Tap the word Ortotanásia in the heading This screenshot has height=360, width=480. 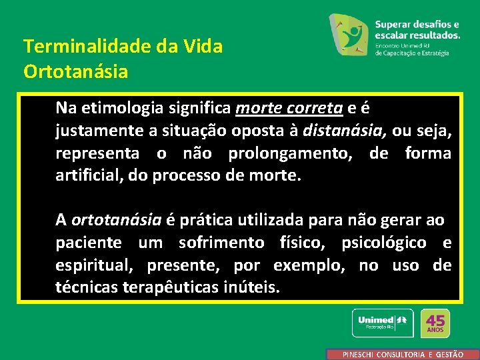[75, 71]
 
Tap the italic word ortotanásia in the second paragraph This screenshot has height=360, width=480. [117, 219]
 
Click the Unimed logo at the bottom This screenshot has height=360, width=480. [382, 323]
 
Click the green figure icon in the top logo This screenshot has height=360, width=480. [350, 34]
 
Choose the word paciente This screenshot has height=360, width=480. [88, 242]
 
